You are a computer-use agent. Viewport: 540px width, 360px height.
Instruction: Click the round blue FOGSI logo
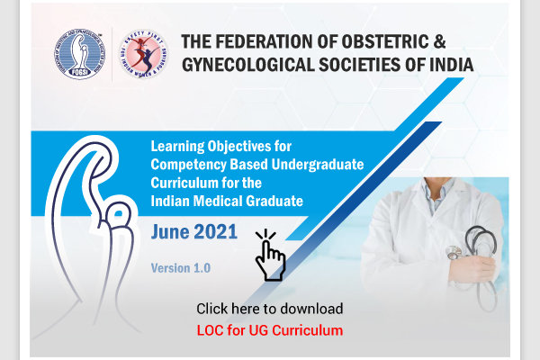[x=79, y=54]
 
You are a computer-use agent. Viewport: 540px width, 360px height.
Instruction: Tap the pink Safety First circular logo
[x=143, y=54]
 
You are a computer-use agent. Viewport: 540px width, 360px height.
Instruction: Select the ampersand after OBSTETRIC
[x=439, y=41]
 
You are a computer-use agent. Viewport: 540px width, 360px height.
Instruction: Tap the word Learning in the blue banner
[x=177, y=147]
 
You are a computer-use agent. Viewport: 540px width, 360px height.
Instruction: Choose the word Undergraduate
[x=318, y=165]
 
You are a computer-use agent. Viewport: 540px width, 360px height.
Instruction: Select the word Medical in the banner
[x=218, y=201]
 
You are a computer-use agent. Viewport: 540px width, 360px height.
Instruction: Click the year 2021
[x=216, y=231]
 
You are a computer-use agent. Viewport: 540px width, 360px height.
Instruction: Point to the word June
[x=170, y=232]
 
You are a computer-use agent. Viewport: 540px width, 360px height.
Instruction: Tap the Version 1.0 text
[x=181, y=268]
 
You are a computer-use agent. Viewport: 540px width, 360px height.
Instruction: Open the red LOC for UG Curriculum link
[x=270, y=330]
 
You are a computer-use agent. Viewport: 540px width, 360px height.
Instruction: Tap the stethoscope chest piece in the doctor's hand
[x=454, y=253]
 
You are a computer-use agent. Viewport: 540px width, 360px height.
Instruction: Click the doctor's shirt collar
[x=437, y=191]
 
